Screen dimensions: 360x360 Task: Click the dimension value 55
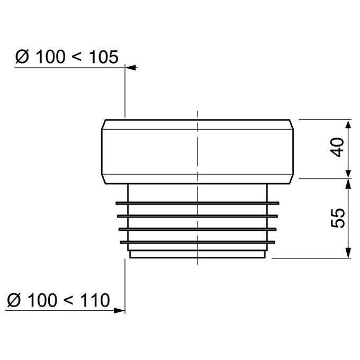338,218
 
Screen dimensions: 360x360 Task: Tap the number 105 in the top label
104,57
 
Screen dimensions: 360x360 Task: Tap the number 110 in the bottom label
95,300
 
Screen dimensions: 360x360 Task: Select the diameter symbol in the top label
22,57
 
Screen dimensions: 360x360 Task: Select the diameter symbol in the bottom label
14,300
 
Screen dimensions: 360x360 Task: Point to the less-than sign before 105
76,57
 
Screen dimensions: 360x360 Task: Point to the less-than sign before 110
68,300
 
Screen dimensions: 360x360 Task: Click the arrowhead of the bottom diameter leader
119,311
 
